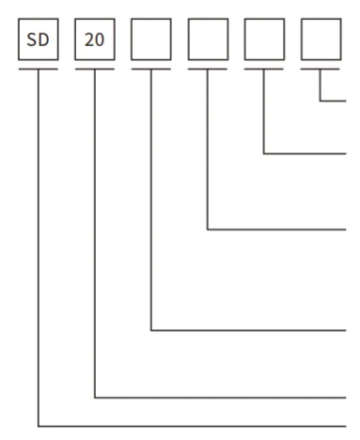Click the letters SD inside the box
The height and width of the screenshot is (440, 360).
tap(39, 40)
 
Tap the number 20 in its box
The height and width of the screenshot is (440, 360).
tap(95, 40)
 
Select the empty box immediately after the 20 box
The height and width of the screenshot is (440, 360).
tap(151, 40)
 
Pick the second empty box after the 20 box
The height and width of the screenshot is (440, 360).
tap(208, 40)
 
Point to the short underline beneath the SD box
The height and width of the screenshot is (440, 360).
tap(39, 69)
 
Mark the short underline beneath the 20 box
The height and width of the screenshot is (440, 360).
tap(95, 69)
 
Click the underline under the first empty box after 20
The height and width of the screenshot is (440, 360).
tap(151, 69)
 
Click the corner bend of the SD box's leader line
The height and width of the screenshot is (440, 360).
tap(39, 426)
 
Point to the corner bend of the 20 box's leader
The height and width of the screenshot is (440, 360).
tap(95, 398)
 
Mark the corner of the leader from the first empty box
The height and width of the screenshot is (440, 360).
tap(151, 330)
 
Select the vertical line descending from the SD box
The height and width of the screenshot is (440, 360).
tap(39, 244)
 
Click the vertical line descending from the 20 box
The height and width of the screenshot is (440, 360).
tap(95, 235)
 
